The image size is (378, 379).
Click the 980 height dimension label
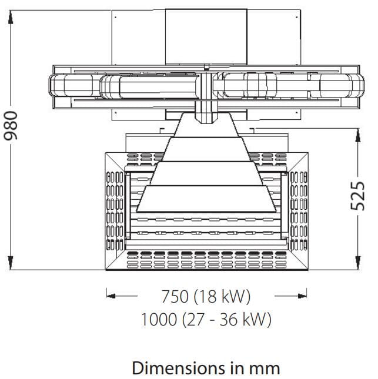11,125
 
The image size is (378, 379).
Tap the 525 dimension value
357,196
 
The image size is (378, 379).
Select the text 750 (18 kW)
206,296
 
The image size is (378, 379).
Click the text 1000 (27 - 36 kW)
206,319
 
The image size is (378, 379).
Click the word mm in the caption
265,370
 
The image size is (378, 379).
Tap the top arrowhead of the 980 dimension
11,18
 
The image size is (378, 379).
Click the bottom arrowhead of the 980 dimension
11,263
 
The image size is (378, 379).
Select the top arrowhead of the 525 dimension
357,135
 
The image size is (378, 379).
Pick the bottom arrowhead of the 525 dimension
357,263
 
